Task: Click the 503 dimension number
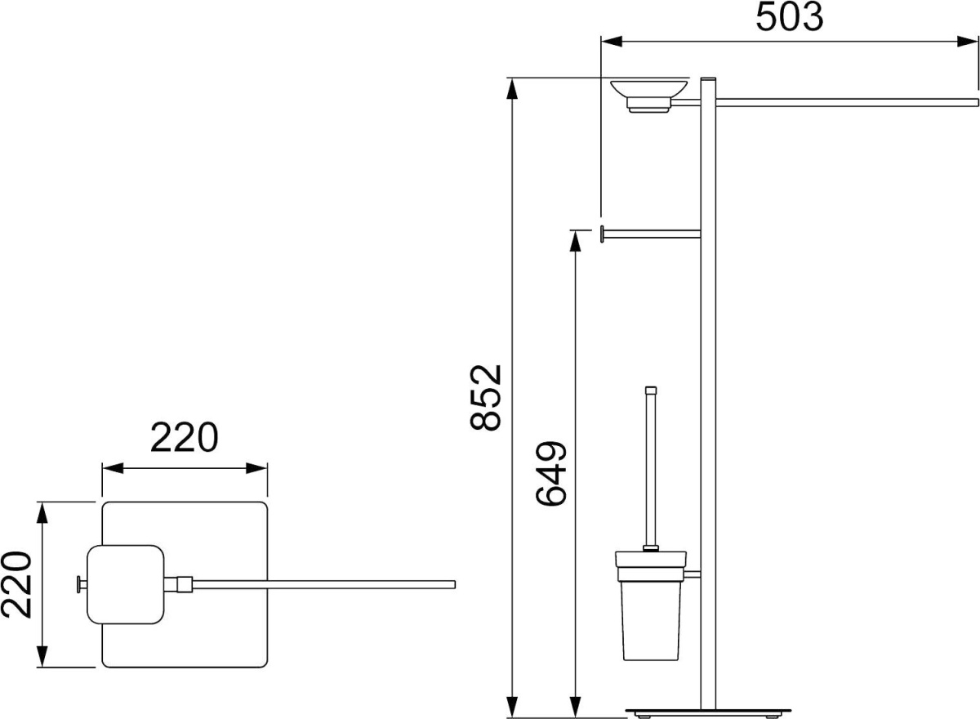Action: point(789,17)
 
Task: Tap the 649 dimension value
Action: point(551,474)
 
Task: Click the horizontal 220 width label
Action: point(185,437)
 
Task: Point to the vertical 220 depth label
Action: point(16,585)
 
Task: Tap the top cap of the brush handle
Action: point(651,391)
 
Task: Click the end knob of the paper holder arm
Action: point(602,234)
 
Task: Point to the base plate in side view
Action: point(708,710)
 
